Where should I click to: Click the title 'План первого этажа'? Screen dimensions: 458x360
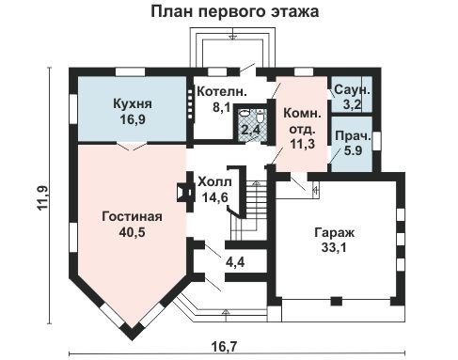[235, 11]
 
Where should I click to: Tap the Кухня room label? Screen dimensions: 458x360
[133, 103]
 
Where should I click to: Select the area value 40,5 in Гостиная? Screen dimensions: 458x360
[132, 232]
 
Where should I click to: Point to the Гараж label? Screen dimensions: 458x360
[334, 233]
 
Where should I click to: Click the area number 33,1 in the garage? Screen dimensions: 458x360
[334, 247]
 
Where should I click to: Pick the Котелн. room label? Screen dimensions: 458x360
[222, 92]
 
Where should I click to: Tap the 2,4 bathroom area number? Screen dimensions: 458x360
[252, 129]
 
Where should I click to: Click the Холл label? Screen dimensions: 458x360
[215, 181]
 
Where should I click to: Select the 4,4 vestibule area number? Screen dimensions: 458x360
[235, 261]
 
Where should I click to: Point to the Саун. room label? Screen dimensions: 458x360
[353, 90]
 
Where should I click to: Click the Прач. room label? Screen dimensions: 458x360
[353, 136]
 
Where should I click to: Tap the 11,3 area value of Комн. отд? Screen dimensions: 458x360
[302, 144]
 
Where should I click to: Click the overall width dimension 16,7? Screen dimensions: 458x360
[225, 347]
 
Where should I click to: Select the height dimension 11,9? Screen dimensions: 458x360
[42, 197]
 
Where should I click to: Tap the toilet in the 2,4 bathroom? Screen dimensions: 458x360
[261, 117]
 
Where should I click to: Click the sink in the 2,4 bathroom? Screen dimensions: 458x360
[244, 114]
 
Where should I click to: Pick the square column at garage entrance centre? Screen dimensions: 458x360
[337, 301]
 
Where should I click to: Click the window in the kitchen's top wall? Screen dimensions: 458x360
[130, 71]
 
